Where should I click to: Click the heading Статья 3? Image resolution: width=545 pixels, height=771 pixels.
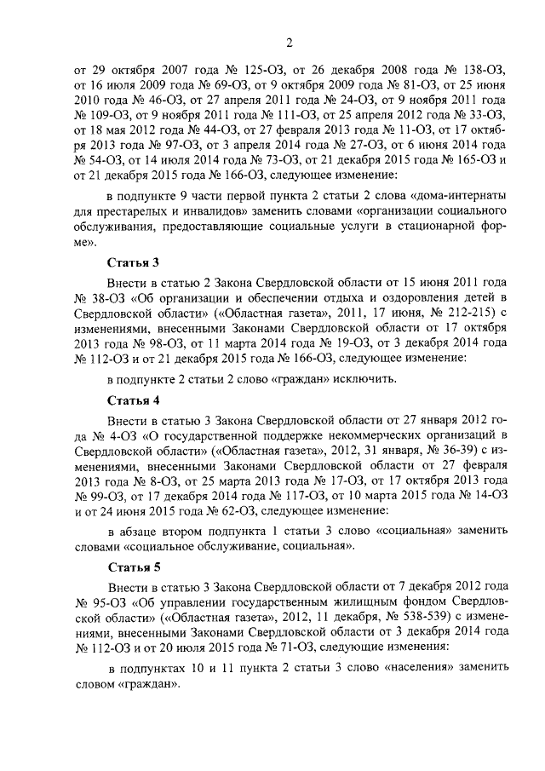(133, 262)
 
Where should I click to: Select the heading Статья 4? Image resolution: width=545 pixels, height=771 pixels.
(133, 399)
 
